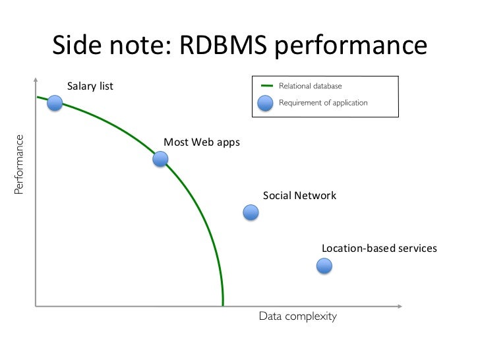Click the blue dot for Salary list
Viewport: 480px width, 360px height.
(55, 103)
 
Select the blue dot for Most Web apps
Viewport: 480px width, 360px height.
(160, 159)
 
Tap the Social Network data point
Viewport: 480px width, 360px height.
(251, 212)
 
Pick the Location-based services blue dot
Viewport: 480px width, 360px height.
(324, 266)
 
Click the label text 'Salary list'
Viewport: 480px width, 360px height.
(90, 86)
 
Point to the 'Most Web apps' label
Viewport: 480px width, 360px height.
(202, 142)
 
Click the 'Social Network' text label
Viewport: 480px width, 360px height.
(299, 196)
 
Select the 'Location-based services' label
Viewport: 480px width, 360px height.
(379, 249)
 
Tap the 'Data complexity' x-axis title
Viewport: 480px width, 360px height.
(297, 316)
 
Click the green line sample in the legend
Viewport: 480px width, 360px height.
(266, 86)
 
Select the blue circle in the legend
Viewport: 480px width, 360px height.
(266, 103)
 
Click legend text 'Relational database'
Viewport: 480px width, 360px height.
(311, 86)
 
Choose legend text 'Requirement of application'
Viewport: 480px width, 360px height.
(323, 103)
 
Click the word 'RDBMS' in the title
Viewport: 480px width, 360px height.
(222, 45)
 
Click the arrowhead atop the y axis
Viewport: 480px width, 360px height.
(34, 80)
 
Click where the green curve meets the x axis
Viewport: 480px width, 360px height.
(223, 306)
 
